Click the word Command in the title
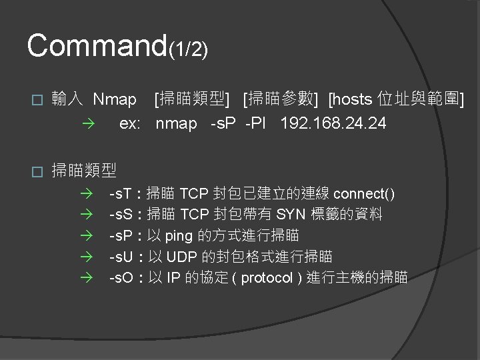pyautogui.click(x=97, y=45)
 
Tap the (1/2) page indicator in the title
pyautogui.click(x=189, y=49)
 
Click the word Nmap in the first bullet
pyautogui.click(x=115, y=100)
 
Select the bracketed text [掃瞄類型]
pyautogui.click(x=192, y=100)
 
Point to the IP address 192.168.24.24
pyautogui.click(x=333, y=123)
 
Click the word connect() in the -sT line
pyautogui.click(x=363, y=194)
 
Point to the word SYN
pyautogui.click(x=290, y=215)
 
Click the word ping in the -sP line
pyautogui.click(x=177, y=235)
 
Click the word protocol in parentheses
pyautogui.click(x=266, y=277)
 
